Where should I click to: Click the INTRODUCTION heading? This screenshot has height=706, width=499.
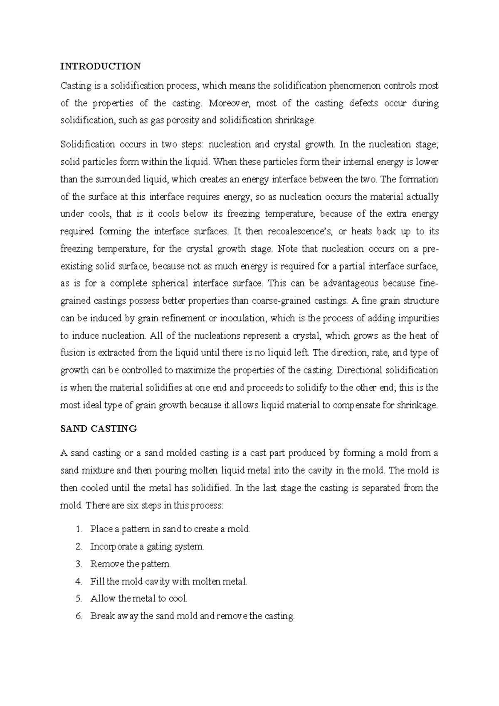[x=101, y=66]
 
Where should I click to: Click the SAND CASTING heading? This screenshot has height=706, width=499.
[x=99, y=429]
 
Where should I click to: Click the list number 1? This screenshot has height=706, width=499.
[x=79, y=529]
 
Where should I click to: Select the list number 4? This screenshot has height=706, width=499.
[x=79, y=582]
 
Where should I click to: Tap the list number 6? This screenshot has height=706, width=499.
[x=79, y=616]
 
